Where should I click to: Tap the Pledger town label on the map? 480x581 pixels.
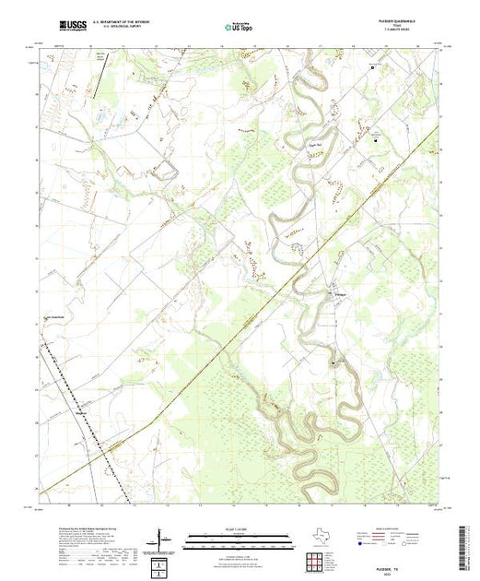(339, 295)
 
